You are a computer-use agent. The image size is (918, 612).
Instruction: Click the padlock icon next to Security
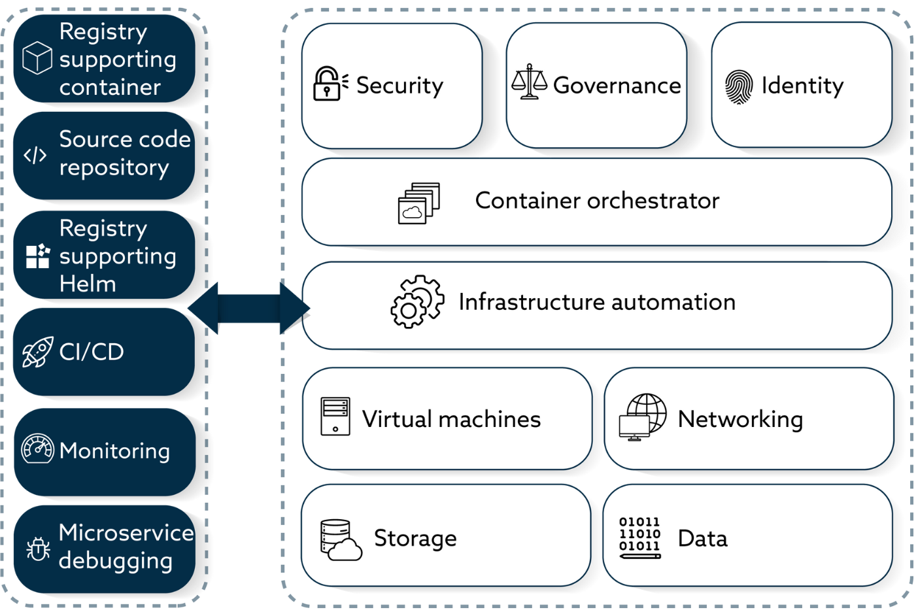click(x=329, y=84)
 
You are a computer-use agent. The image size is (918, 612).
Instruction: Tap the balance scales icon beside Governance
click(x=529, y=82)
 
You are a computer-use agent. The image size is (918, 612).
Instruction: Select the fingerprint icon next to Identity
click(x=739, y=87)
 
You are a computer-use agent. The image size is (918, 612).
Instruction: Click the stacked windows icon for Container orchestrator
click(x=418, y=203)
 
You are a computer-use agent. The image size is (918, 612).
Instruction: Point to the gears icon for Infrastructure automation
click(x=417, y=302)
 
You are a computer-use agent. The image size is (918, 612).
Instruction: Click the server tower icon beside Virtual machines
click(x=335, y=416)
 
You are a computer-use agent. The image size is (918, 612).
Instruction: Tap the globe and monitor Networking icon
click(x=643, y=417)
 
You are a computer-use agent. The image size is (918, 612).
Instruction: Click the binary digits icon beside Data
click(x=640, y=537)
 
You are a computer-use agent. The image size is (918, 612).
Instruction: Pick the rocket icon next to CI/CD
click(x=37, y=352)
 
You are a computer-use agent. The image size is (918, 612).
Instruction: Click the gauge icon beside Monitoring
click(x=37, y=449)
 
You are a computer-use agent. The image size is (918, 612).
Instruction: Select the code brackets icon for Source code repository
click(x=35, y=155)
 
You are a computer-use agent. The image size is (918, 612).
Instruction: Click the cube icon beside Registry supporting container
click(x=37, y=58)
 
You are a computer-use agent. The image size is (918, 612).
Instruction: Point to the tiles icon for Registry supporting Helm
click(x=38, y=256)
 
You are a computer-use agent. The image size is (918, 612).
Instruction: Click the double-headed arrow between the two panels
click(x=248, y=307)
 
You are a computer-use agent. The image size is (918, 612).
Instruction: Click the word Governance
click(x=617, y=86)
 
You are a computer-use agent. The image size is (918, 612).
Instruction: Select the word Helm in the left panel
click(x=88, y=284)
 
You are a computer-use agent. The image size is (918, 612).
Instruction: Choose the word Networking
click(x=740, y=419)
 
